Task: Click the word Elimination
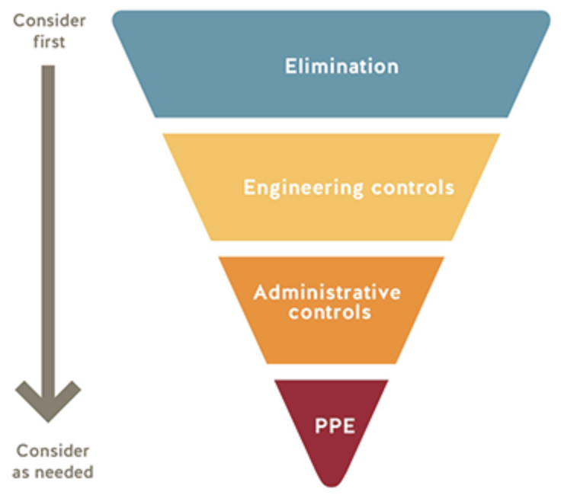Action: (x=341, y=66)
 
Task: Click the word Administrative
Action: (x=327, y=292)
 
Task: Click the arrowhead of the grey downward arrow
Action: (x=47, y=400)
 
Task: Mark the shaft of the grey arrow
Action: (x=47, y=228)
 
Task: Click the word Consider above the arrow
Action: (x=49, y=20)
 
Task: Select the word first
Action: (x=49, y=41)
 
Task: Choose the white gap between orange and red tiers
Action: (x=332, y=372)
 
